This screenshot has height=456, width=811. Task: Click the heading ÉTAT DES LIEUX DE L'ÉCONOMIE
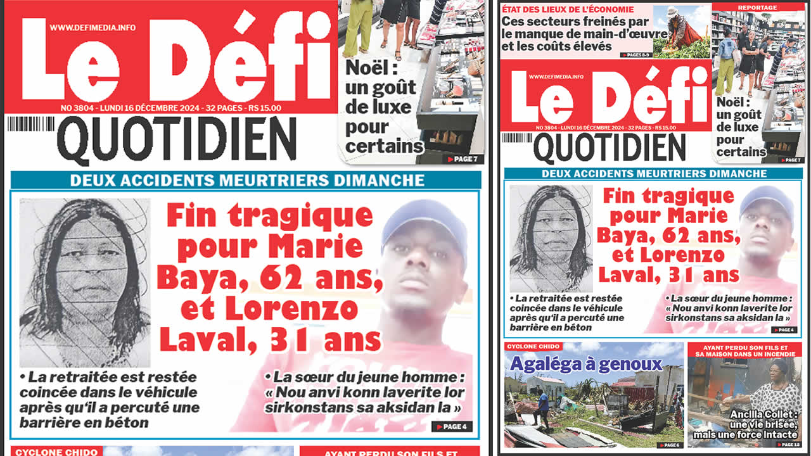(568, 9)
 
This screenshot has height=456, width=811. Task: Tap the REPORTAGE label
(757, 8)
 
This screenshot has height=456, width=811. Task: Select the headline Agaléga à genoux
(586, 364)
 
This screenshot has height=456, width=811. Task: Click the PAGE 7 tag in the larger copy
(464, 159)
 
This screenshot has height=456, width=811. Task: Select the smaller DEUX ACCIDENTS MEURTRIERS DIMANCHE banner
(653, 174)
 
